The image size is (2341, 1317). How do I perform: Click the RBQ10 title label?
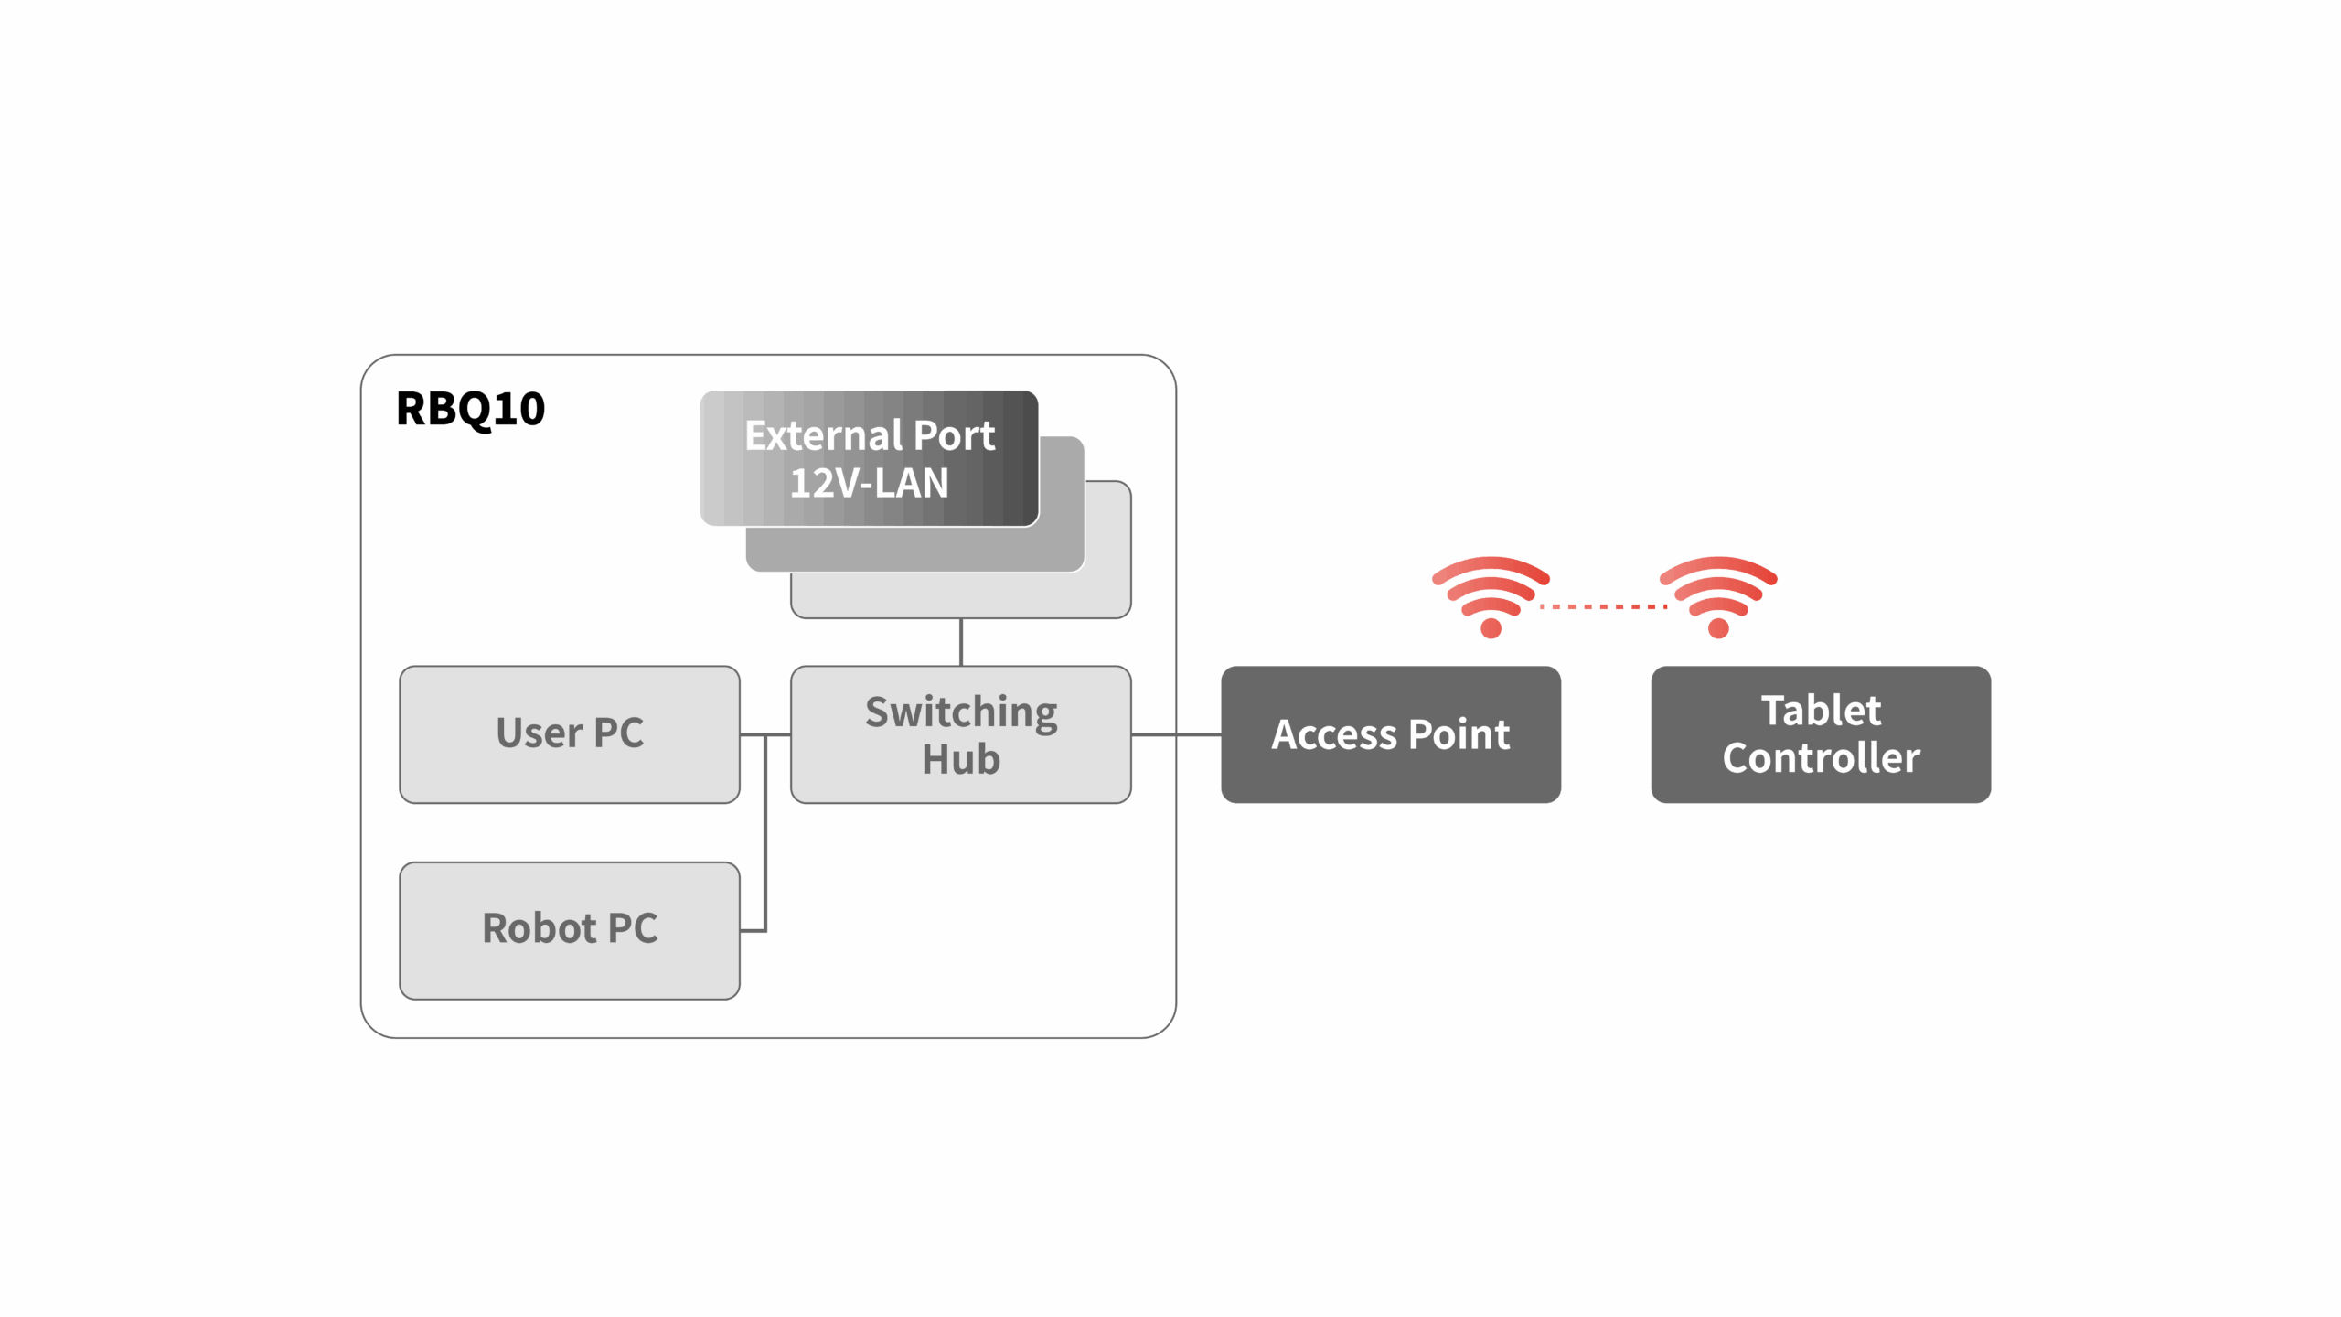click(470, 408)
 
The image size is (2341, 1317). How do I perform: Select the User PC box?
click(569, 734)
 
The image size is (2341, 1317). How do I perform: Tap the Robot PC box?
click(569, 930)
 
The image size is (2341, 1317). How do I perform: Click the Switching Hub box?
click(960, 734)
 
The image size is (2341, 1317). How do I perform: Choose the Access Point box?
click(1390, 734)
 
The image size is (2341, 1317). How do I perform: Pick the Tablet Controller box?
click(1820, 734)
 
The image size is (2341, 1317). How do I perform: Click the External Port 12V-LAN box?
click(869, 458)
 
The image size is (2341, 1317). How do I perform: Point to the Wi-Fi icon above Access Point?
click(1491, 595)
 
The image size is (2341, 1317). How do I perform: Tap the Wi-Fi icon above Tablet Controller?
click(1718, 595)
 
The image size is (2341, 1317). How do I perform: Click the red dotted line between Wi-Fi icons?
click(1604, 606)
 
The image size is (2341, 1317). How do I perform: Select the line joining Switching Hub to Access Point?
click(1176, 734)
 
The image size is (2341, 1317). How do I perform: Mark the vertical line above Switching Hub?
click(960, 642)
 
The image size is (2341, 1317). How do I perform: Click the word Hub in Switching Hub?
click(960, 759)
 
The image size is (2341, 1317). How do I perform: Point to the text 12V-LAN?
click(869, 483)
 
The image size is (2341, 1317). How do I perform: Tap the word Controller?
click(1821, 758)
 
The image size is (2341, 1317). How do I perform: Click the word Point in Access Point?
click(1459, 734)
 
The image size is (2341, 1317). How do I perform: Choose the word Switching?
click(961, 712)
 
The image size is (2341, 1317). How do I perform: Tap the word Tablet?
click(1821, 711)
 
